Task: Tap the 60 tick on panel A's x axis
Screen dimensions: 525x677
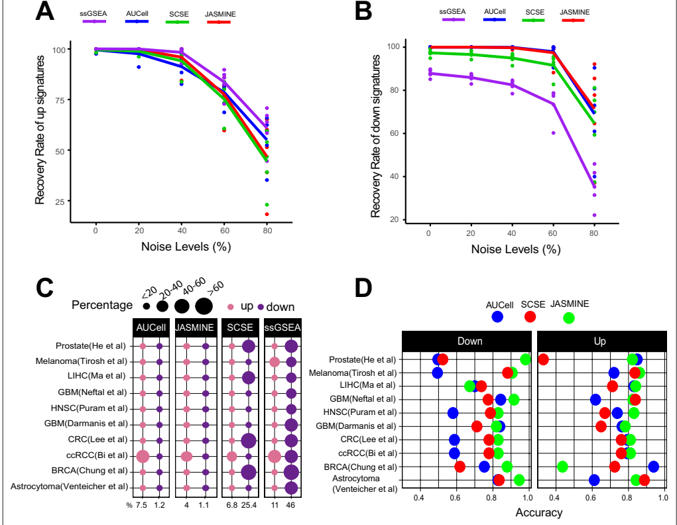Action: point(224,229)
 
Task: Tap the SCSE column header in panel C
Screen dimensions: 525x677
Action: point(240,327)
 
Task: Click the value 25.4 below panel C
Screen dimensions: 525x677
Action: point(249,506)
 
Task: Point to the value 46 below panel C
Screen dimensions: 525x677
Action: point(290,506)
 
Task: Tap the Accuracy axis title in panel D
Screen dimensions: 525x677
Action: point(538,512)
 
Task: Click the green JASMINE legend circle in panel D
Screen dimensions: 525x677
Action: point(568,317)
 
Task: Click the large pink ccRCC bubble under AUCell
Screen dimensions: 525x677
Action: point(142,456)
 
